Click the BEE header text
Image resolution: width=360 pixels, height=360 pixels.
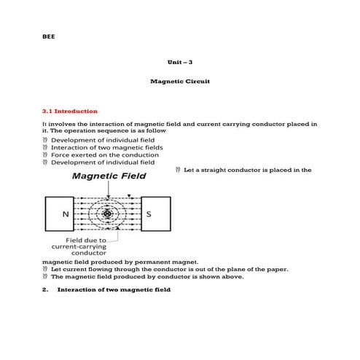point(48,36)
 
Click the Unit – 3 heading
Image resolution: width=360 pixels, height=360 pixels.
point(179,63)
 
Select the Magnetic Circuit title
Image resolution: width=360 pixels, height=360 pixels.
point(179,82)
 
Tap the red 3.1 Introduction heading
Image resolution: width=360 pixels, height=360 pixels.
point(70,111)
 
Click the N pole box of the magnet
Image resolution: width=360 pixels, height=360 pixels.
point(66,214)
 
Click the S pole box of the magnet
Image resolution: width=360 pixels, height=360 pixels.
point(149,214)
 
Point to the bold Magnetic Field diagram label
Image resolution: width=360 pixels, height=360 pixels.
point(108,176)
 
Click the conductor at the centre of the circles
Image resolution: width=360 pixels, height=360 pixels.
point(108,214)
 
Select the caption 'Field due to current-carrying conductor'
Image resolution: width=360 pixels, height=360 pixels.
point(87,246)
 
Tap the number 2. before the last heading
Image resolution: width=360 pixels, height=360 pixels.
point(46,289)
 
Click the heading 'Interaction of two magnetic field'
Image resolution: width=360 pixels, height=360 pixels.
point(114,289)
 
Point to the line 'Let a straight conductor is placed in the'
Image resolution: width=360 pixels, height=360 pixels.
point(248,170)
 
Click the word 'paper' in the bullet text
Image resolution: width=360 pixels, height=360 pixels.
point(278,269)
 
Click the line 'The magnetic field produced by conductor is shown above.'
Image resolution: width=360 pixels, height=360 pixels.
point(147,277)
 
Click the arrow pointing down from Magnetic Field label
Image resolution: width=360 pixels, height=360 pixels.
point(108,189)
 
